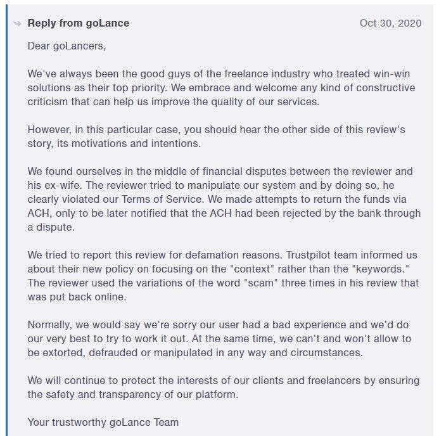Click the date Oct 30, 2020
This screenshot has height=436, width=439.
click(390, 23)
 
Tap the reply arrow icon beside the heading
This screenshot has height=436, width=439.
click(18, 23)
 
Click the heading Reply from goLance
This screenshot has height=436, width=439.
click(79, 23)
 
